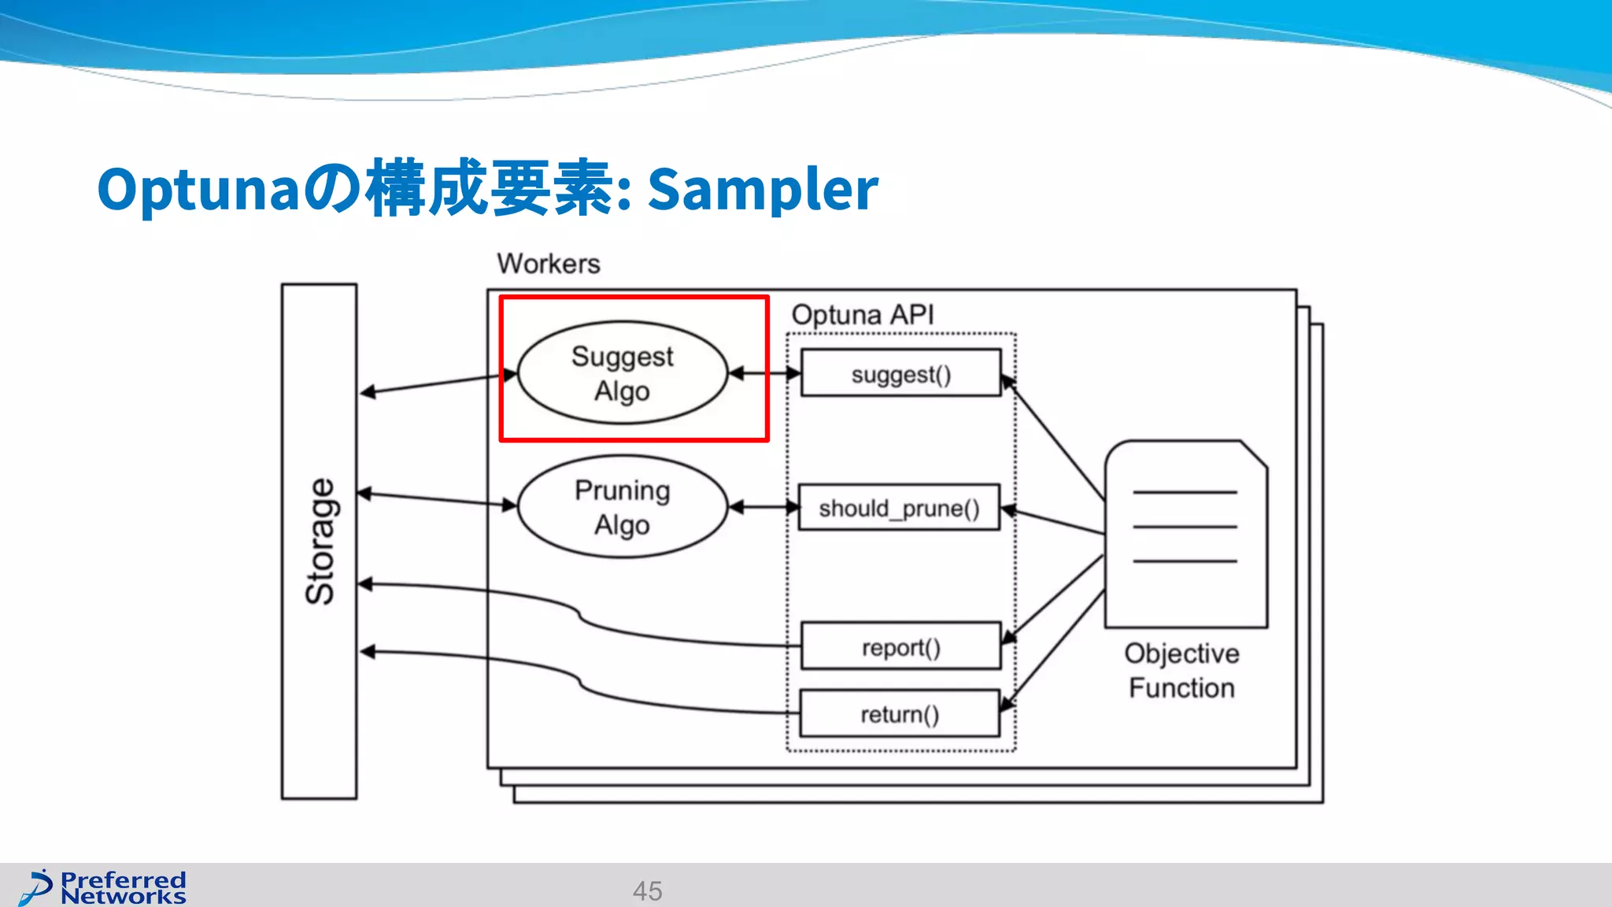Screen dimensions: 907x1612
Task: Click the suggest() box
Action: pyautogui.click(x=900, y=373)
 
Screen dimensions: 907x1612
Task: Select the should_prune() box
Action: pyautogui.click(x=899, y=508)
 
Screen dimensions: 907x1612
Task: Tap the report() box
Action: pyautogui.click(x=900, y=646)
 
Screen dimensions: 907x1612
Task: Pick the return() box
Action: pyautogui.click(x=899, y=713)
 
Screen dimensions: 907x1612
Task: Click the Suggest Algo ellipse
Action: pyautogui.click(x=622, y=373)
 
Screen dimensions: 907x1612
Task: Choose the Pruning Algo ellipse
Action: pyautogui.click(x=622, y=507)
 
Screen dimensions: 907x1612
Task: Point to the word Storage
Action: pyautogui.click(x=320, y=542)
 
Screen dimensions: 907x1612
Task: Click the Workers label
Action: pyautogui.click(x=548, y=264)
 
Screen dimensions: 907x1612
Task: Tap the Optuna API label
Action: pyautogui.click(x=862, y=315)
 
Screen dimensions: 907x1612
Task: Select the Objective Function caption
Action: pyautogui.click(x=1181, y=670)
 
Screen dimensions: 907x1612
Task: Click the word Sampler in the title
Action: pyautogui.click(x=762, y=190)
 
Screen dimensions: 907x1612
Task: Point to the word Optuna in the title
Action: pyautogui.click(x=198, y=190)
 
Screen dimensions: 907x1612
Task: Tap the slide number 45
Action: pyautogui.click(x=647, y=890)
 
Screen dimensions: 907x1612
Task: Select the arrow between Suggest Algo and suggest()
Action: pyautogui.click(x=764, y=373)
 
